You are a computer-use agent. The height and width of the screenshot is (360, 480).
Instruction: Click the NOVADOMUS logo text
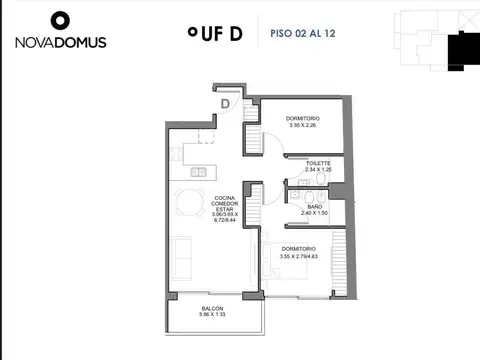[60, 42]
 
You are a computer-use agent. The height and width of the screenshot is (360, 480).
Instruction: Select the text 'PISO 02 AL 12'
[304, 33]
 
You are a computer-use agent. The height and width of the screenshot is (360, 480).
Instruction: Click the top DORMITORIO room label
[302, 118]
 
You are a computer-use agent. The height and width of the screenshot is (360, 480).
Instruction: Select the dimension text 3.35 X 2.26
[302, 126]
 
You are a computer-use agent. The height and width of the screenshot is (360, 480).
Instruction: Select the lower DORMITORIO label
[300, 248]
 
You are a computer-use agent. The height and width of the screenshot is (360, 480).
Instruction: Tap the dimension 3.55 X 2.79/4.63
[300, 257]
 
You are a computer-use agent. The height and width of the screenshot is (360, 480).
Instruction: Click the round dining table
[187, 203]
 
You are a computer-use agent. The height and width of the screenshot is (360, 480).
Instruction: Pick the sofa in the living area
[182, 259]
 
